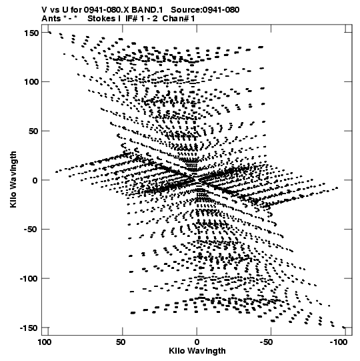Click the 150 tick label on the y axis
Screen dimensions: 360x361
(31, 33)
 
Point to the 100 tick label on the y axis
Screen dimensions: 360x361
(31, 81)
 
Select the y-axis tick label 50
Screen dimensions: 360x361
(34, 131)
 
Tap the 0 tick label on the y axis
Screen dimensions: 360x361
(35, 180)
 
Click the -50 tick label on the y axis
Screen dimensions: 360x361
(31, 230)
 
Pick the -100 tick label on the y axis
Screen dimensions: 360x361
(29, 279)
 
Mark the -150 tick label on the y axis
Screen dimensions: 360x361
(29, 328)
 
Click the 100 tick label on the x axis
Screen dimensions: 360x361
(45, 342)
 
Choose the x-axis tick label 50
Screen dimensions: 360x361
(121, 342)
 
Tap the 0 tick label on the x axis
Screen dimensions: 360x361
(197, 342)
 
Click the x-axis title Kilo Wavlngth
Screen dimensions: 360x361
(197, 351)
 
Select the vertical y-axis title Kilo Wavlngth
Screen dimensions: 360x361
(13, 179)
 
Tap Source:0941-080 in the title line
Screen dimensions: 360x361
(205, 10)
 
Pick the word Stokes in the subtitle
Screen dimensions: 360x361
(102, 19)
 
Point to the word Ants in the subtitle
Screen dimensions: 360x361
(51, 19)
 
